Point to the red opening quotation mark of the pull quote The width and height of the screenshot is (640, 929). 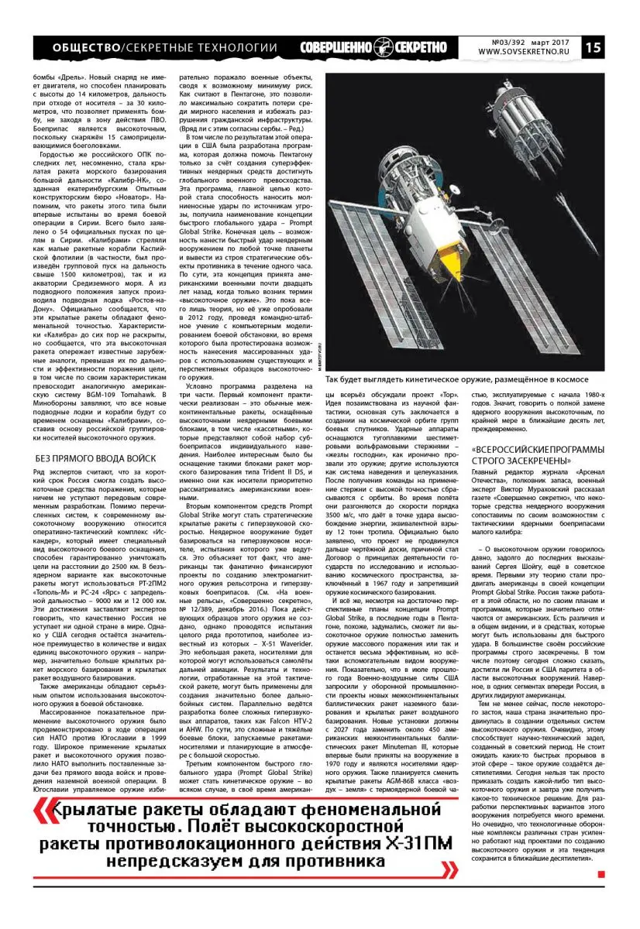point(46,811)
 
